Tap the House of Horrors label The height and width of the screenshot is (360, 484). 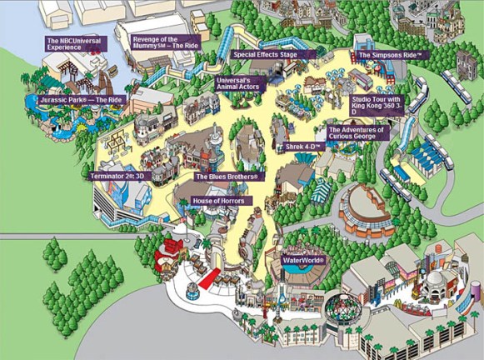(x=222, y=201)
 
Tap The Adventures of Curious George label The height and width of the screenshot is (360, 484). (x=357, y=133)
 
